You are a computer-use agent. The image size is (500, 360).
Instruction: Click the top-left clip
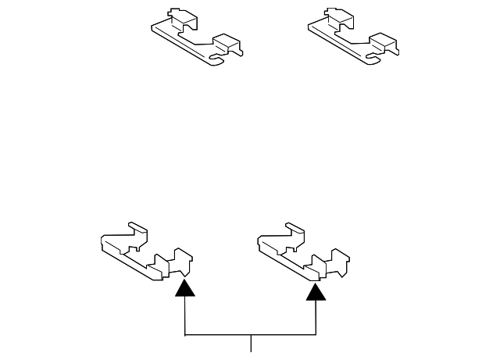click(x=195, y=37)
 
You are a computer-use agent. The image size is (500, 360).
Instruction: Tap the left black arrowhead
click(x=184, y=289)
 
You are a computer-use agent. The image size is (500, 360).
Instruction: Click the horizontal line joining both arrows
click(x=250, y=337)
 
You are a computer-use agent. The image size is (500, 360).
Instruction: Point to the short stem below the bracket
click(x=251, y=344)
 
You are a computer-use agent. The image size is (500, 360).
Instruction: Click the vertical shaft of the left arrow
click(x=184, y=317)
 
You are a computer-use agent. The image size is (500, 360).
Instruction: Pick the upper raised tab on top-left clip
click(x=179, y=17)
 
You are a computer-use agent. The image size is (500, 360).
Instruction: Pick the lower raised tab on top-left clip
click(x=226, y=43)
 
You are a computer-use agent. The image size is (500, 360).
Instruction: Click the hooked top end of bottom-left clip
click(x=137, y=228)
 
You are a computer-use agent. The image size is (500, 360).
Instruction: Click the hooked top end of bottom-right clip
click(x=294, y=228)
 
